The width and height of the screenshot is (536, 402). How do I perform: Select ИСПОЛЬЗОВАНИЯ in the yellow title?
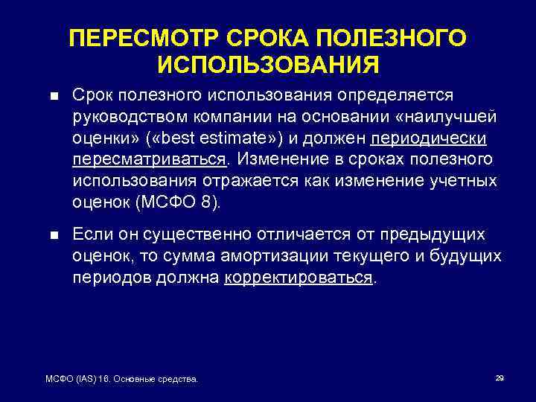click(x=268, y=64)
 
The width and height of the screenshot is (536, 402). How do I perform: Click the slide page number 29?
click(x=500, y=378)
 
